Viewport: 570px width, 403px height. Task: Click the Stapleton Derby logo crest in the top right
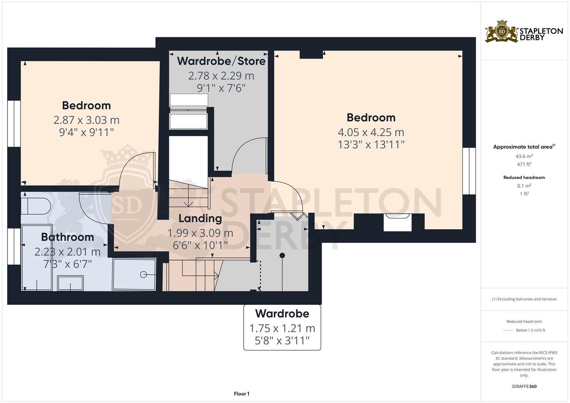[502, 31]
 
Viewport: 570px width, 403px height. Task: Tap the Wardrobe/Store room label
[221, 61]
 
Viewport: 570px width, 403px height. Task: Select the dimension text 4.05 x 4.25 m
[371, 132]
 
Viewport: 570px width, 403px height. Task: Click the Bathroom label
[68, 237]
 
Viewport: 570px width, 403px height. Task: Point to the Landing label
[200, 218]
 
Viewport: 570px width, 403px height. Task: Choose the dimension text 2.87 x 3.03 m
[86, 120]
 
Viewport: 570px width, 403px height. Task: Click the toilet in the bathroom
[35, 206]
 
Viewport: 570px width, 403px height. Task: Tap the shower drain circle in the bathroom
[143, 275]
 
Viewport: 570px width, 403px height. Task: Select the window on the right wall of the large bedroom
[469, 171]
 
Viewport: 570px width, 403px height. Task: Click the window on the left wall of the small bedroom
[14, 123]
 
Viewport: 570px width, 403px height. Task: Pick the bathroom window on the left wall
[14, 246]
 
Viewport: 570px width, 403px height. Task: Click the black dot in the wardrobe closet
[283, 255]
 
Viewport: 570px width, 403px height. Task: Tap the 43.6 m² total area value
[524, 156]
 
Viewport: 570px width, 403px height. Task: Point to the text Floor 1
[242, 394]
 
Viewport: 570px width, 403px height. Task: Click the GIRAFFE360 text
[524, 386]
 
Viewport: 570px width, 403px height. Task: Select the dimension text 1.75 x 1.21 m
[282, 328]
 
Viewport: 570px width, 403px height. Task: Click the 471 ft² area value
[524, 164]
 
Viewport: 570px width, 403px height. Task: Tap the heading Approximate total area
[523, 147]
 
